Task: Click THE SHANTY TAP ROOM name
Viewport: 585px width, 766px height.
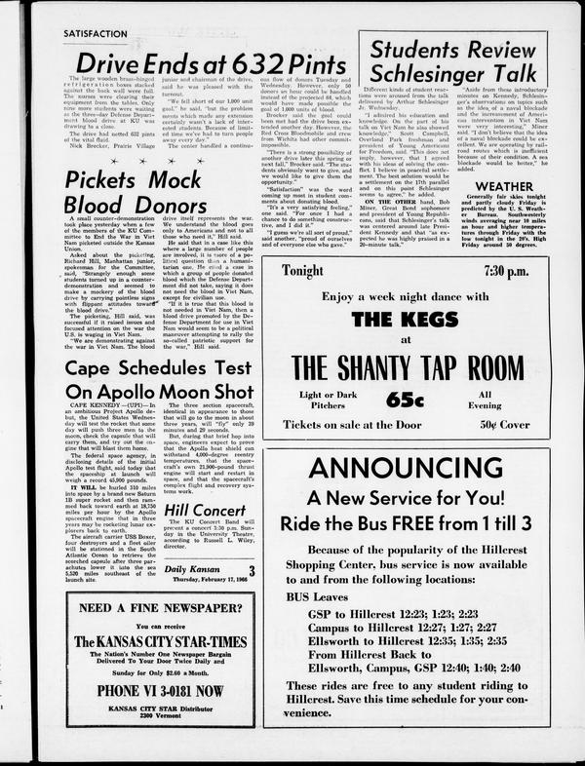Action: pos(418,367)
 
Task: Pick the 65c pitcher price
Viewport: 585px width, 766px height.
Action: pos(414,400)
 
